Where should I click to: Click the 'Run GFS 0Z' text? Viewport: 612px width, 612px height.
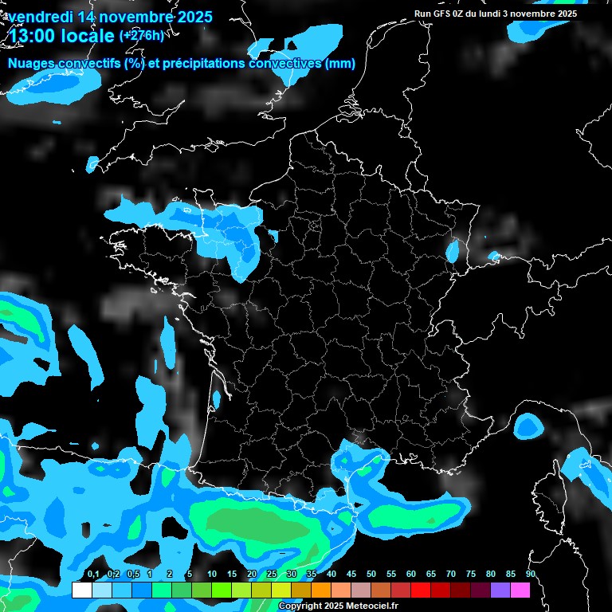pos(440,14)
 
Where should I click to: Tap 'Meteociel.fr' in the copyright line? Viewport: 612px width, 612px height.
pos(371,606)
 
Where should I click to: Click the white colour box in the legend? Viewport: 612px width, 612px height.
pos(81,590)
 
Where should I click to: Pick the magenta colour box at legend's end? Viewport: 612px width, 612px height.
pos(520,590)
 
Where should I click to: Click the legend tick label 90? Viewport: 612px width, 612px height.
pos(530,574)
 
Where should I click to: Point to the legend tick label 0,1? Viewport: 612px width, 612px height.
pos(92,574)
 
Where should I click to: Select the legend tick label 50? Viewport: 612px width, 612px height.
pos(371,574)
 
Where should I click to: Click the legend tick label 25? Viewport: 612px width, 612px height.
pos(271,574)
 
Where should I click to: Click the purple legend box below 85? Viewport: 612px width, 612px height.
pos(500,590)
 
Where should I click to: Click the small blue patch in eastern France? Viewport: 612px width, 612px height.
pos(453,253)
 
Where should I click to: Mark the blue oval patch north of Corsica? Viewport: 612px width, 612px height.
pos(527,426)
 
